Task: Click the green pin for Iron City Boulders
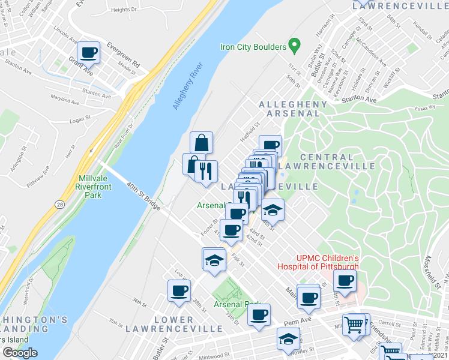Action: point(294,44)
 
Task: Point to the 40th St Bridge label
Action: point(143,197)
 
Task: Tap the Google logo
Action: point(20,353)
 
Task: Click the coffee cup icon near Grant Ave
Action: point(88,52)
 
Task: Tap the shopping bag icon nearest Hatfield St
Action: point(202,143)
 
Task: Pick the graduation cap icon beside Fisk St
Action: point(213,259)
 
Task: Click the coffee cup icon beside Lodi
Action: point(179,291)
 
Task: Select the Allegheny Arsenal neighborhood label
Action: point(293,109)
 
